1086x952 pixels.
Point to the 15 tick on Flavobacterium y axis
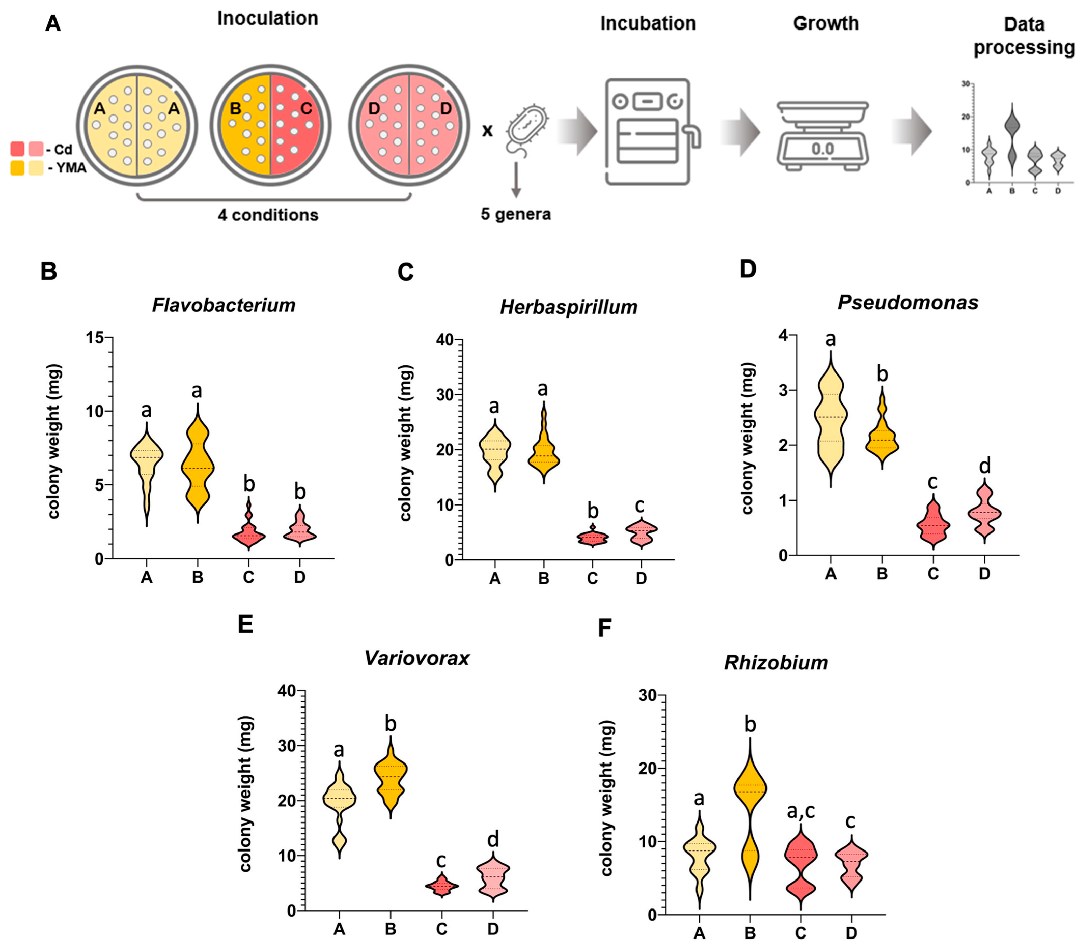97,338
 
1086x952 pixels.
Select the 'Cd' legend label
64,149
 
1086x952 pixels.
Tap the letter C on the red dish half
306,109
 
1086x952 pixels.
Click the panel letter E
245,624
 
